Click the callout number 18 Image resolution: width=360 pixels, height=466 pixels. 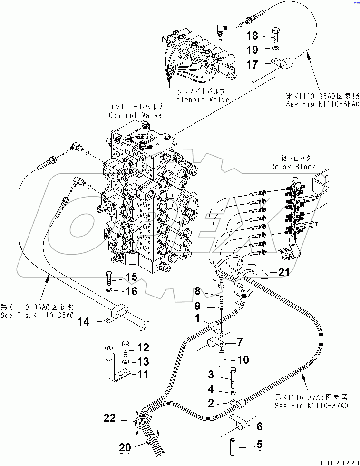pyautogui.click(x=252, y=35)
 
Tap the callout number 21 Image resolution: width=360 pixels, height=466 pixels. pyautogui.click(x=283, y=272)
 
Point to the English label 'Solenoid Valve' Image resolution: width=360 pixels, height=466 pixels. pyautogui.click(x=200, y=99)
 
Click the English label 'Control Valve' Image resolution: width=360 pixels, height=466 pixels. pyautogui.click(x=135, y=115)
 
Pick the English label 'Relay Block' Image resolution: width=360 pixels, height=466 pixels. pyautogui.click(x=293, y=166)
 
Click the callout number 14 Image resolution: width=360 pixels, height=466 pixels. pyautogui.click(x=83, y=322)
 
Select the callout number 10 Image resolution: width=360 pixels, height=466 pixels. pyautogui.click(x=243, y=360)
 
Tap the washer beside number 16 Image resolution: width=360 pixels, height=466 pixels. pyautogui.click(x=109, y=290)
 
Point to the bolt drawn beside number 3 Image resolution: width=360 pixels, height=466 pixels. pyautogui.click(x=232, y=377)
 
